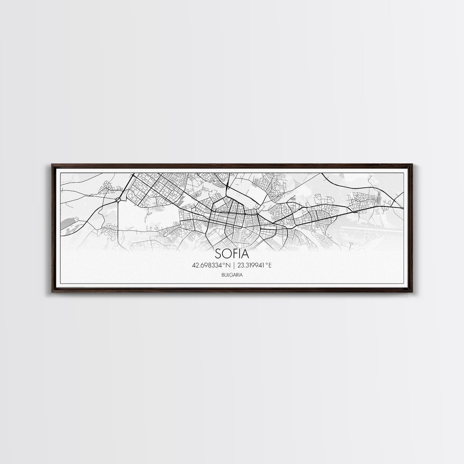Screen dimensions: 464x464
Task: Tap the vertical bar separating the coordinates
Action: click(232, 265)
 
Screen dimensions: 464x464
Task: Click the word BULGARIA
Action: click(232, 274)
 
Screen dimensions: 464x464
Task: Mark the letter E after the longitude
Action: click(269, 265)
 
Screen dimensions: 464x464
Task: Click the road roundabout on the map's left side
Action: click(118, 199)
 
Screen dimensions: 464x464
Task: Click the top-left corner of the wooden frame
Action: click(52, 165)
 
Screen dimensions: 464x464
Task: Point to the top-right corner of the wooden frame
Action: click(412, 165)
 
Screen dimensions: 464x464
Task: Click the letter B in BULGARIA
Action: click(222, 274)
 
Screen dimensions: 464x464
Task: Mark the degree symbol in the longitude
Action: click(266, 264)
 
